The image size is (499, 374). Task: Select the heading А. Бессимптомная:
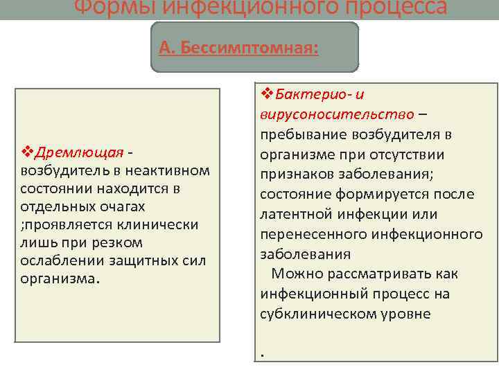[239, 48]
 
